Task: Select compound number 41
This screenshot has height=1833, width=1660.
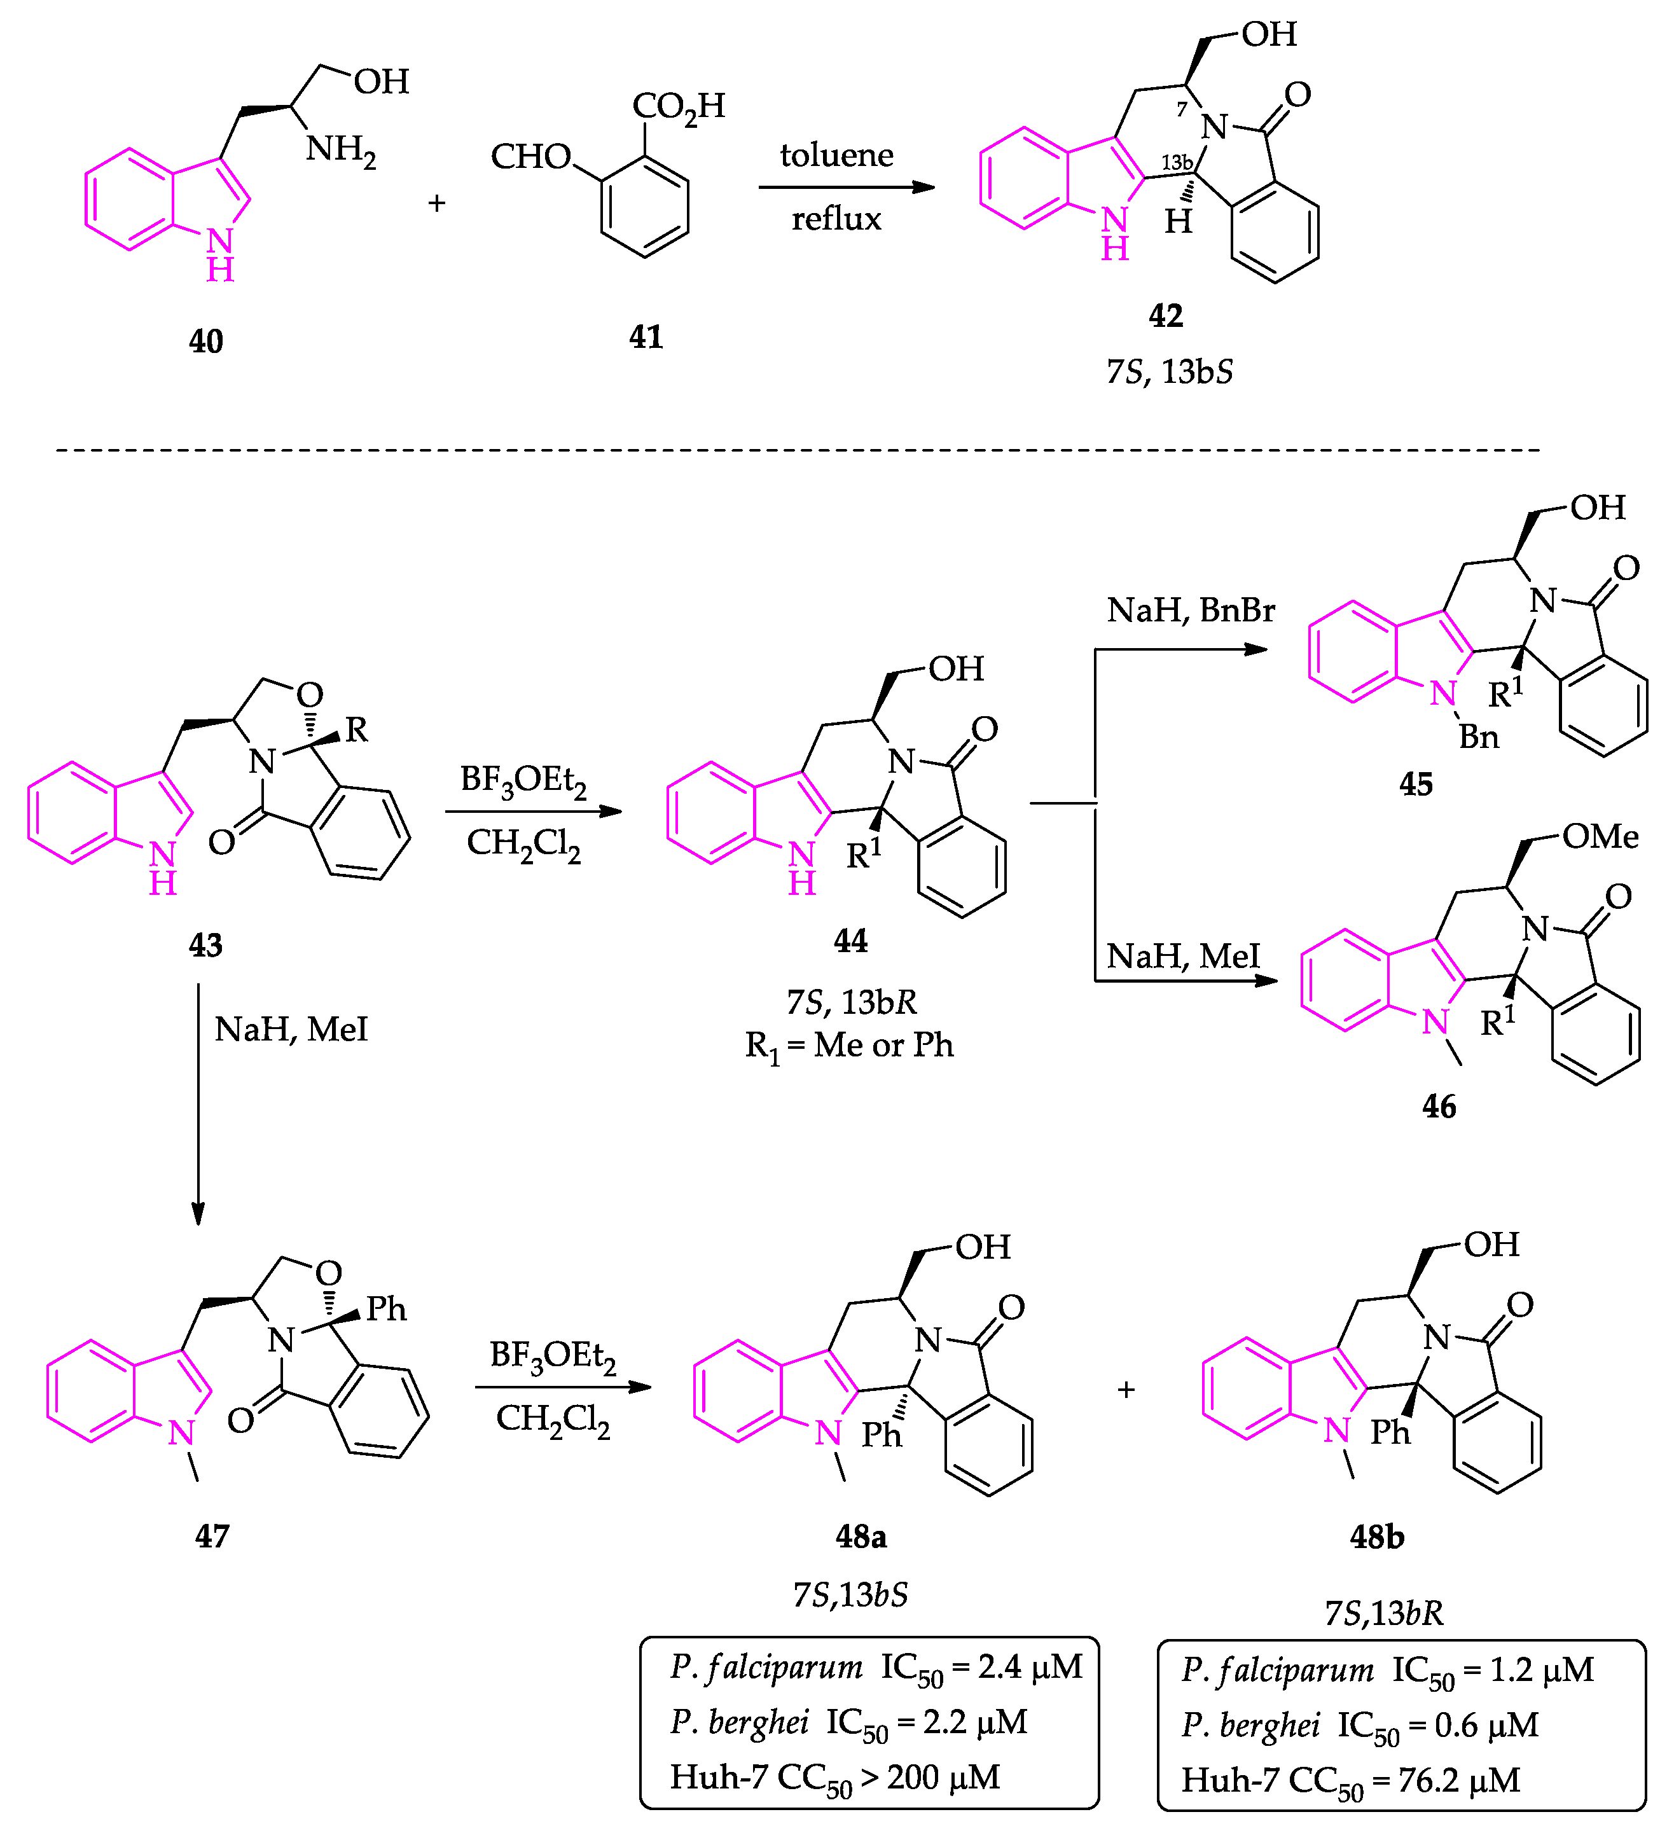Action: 646,337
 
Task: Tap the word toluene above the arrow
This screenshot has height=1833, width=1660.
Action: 836,155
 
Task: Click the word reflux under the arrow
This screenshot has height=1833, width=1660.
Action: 836,219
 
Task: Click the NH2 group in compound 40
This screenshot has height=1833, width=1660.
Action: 341,149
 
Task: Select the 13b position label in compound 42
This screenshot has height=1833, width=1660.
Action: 1177,163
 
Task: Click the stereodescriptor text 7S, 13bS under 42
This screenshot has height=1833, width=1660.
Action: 1169,372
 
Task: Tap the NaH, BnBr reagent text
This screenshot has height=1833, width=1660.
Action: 1190,609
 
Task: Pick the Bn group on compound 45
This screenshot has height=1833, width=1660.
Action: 1478,737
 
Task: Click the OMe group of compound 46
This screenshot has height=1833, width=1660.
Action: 1600,836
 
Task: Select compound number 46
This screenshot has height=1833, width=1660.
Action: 1438,1107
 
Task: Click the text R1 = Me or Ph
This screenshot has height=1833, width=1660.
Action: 849,1046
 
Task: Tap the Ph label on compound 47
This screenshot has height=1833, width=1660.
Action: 386,1310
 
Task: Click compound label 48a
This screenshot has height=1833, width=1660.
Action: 860,1537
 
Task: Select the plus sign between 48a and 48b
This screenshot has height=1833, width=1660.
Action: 1126,1389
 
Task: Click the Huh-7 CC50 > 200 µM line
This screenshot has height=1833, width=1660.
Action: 834,1778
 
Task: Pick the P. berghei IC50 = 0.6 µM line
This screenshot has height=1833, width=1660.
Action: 1359,1726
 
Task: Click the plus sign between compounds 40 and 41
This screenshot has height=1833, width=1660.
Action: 436,203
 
